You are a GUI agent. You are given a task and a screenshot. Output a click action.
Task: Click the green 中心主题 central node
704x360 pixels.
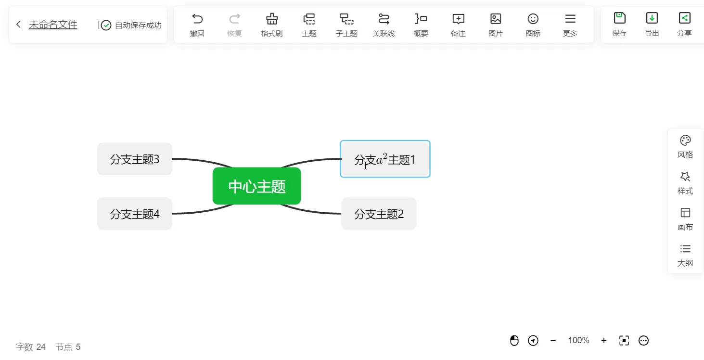(256, 186)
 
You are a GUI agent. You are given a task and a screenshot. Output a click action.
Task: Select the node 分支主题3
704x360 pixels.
(135, 159)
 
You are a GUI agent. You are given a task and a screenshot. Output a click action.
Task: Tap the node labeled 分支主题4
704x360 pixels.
(135, 214)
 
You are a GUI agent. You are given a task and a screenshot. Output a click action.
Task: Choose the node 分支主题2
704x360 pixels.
(379, 214)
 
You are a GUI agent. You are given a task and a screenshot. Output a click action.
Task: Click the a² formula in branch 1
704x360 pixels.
(382, 159)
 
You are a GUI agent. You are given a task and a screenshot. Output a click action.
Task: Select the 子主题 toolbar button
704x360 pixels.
(346, 25)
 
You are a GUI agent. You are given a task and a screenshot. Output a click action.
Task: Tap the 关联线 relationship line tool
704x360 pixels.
(384, 25)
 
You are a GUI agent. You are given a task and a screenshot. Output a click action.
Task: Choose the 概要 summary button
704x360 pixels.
(421, 25)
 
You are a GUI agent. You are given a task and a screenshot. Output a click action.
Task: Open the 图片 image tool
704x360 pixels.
(496, 25)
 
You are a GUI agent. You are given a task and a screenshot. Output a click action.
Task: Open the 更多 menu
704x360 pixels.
(570, 25)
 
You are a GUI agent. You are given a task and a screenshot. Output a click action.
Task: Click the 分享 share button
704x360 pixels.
(684, 24)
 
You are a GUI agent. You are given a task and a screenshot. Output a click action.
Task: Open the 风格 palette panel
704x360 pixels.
(685, 147)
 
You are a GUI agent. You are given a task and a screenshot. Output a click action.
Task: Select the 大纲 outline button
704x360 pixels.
(685, 255)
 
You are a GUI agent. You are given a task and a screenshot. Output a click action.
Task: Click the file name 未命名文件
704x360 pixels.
(53, 25)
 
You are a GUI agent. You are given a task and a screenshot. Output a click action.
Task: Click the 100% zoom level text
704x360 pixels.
(578, 340)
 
